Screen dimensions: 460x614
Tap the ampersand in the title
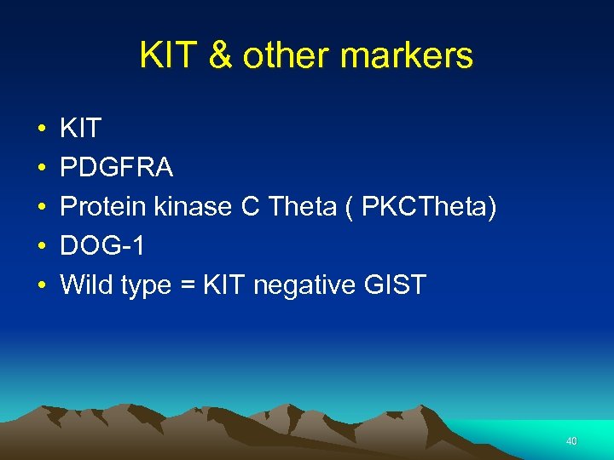pos(219,56)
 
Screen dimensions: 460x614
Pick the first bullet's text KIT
pos(81,129)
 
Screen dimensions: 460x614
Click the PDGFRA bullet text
pos(117,169)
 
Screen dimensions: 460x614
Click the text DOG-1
pos(102,246)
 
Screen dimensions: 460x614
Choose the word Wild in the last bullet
pos(86,285)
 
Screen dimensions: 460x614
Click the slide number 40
pos(571,441)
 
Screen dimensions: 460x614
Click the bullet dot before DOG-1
pos(40,247)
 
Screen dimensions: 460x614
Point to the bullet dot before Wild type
pos(40,286)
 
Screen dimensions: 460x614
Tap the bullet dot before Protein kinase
pos(40,208)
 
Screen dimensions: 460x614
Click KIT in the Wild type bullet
pos(223,285)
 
